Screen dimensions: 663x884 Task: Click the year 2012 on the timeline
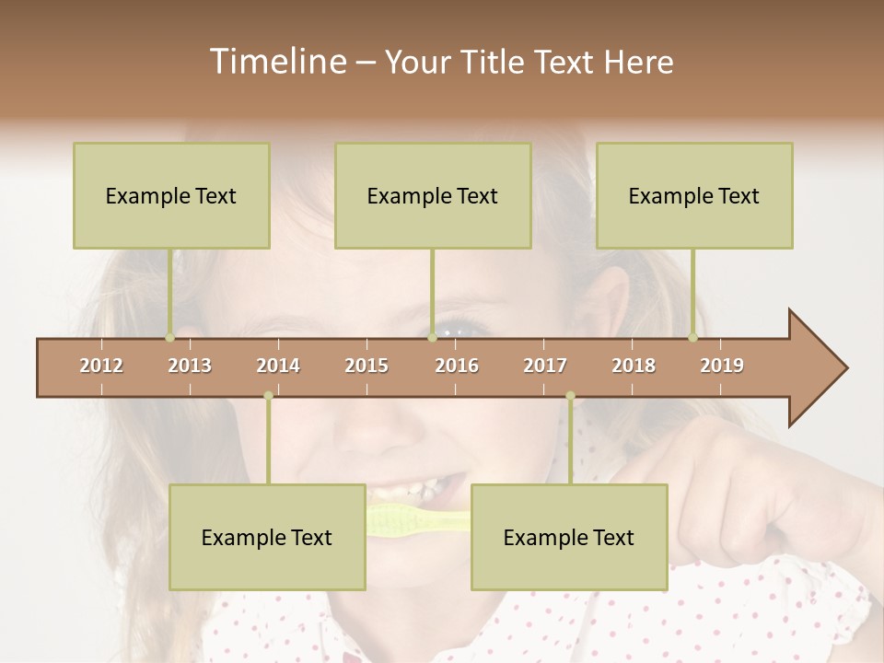coord(101,366)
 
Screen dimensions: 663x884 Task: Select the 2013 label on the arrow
coord(190,366)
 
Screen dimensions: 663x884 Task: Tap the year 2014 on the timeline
coord(278,366)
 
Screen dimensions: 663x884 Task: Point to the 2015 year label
coord(366,366)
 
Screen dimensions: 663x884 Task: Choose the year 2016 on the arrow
coord(457,366)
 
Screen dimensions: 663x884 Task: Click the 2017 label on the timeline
coord(545,366)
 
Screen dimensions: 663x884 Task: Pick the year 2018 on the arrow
coord(634,366)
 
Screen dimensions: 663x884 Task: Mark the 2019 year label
coord(722,366)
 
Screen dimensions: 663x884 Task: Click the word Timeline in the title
coord(276,62)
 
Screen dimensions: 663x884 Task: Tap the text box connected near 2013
coord(171,195)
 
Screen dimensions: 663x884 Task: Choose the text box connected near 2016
coord(433,195)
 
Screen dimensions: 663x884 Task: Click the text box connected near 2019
coord(694,195)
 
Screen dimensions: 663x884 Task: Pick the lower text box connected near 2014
coord(267,537)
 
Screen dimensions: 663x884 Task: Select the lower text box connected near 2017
coord(569,537)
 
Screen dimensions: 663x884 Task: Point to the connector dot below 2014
coord(268,396)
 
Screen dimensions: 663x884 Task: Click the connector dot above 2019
coord(692,337)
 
